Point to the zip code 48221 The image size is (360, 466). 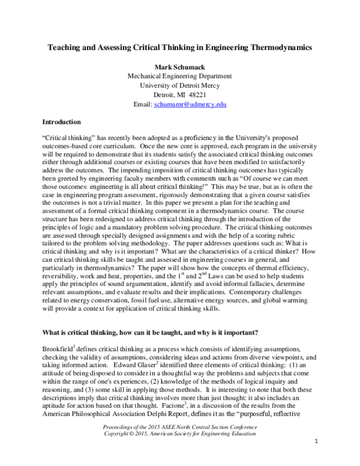tap(201, 95)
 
